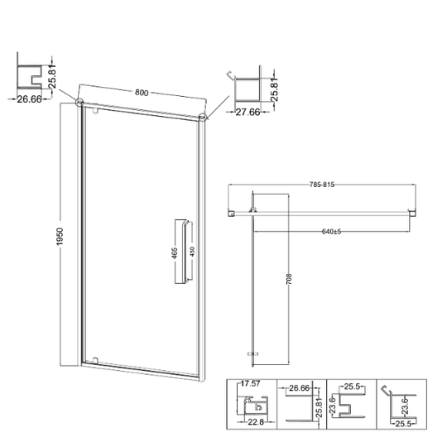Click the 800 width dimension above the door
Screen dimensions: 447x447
(142, 93)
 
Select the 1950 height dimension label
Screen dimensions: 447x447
(60, 237)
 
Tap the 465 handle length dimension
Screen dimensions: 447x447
(175, 252)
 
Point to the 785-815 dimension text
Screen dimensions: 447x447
(321, 185)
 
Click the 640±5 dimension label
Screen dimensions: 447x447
(331, 232)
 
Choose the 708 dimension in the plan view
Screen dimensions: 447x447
(289, 279)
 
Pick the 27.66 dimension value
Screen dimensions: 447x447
(248, 112)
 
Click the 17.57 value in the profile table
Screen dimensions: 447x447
(250, 384)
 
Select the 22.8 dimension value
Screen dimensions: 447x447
(256, 422)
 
